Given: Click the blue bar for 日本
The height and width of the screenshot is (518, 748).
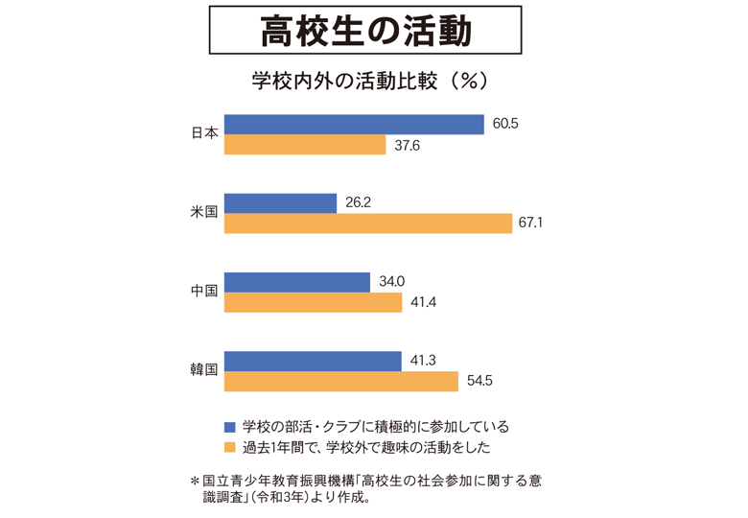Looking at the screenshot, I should [x=354, y=125].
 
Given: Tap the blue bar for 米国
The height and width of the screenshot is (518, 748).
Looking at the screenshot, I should [x=280, y=203].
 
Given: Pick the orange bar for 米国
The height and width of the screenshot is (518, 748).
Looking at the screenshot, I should [x=368, y=224].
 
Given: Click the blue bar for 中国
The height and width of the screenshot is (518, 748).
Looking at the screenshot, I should [x=296, y=282].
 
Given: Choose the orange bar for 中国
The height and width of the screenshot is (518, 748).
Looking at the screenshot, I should [x=313, y=302].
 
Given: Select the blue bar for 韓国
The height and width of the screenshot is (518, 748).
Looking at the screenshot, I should [x=313, y=361].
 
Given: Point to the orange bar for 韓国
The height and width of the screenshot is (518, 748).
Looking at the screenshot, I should [x=340, y=381].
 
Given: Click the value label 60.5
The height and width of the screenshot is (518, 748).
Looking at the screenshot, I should [x=505, y=125].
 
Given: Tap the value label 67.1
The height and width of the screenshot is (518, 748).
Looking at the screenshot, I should [x=530, y=224].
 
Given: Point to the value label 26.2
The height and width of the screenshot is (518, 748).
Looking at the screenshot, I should [x=357, y=203].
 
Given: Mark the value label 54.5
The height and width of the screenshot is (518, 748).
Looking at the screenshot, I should [x=479, y=381].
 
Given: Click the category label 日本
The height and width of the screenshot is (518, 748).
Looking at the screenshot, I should [x=204, y=134].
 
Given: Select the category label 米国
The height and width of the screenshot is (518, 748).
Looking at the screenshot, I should [x=204, y=213].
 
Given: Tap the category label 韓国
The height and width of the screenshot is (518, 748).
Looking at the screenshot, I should [x=204, y=370].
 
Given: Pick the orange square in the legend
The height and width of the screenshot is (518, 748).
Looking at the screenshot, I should [x=228, y=447].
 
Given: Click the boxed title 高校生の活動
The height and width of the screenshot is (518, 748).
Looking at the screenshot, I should [x=366, y=32].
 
